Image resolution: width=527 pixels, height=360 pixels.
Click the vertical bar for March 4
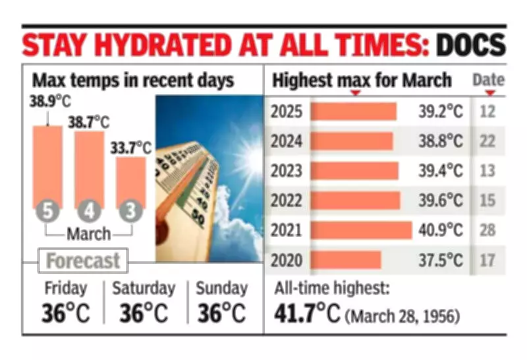(89, 168)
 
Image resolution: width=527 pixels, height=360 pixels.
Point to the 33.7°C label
(132, 148)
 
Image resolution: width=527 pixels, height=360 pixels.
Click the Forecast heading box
(82, 260)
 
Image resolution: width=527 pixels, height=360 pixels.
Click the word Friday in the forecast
(65, 289)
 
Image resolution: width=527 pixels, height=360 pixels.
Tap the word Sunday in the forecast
(221, 289)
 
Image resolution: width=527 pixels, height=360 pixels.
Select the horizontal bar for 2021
(361, 229)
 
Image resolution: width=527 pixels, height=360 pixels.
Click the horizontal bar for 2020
(346, 260)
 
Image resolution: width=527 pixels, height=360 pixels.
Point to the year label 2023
(287, 171)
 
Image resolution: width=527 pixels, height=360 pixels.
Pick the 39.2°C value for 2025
(441, 111)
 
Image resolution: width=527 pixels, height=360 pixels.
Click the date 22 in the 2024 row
(487, 141)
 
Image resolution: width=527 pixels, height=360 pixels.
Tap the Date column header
(488, 80)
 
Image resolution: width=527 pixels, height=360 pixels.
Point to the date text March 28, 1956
(403, 315)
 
